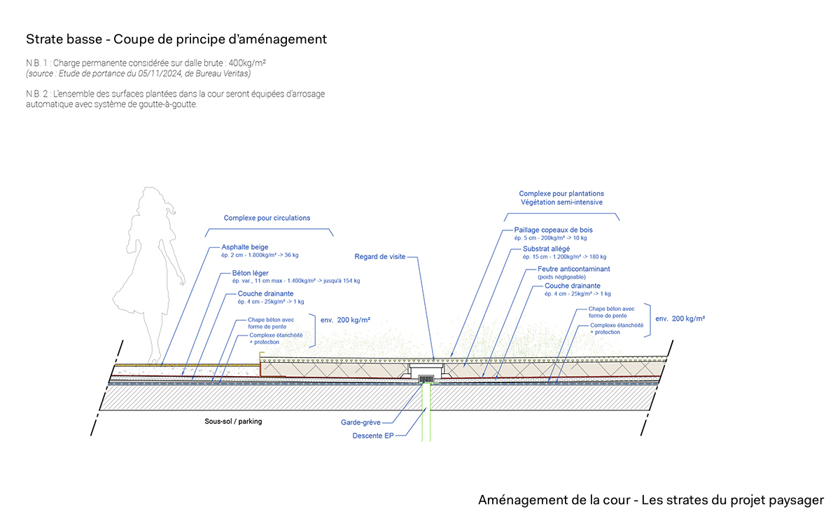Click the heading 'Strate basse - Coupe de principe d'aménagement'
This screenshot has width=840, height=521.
[176, 39]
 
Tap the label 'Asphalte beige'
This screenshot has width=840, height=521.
[245, 247]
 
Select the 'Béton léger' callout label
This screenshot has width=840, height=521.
[250, 273]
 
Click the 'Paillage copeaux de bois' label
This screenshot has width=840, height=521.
[553, 230]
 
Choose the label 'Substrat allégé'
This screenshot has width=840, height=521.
[546, 249]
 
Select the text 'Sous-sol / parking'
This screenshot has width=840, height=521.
[230, 422]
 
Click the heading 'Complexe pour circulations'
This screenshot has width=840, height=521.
[267, 218]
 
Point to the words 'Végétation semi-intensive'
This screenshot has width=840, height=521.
[561, 202]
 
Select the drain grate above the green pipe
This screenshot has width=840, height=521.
[426, 379]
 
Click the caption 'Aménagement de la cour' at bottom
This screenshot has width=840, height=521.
[554, 500]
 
